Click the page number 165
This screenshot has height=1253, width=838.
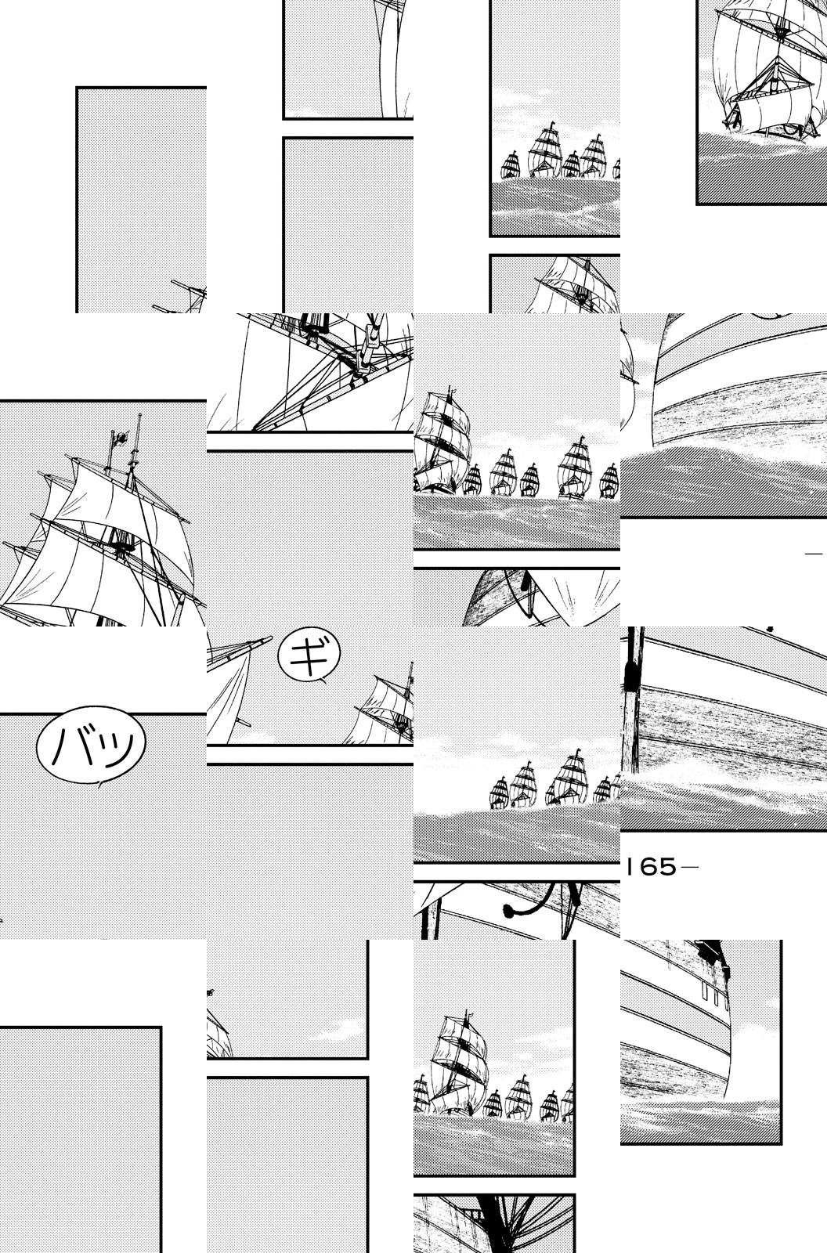coord(651,868)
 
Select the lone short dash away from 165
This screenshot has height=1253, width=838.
coord(814,554)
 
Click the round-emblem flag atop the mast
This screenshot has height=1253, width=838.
coord(119,437)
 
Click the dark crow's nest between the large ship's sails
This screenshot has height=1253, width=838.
coord(121,542)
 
